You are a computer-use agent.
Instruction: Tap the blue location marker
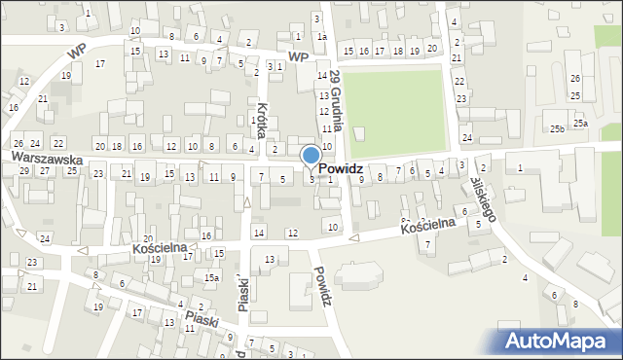[x=311, y=156]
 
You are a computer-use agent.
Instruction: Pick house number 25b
[x=556, y=129]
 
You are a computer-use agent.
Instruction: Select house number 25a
[x=580, y=124]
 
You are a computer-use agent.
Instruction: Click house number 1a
[x=321, y=37]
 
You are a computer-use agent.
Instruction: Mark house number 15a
[x=210, y=277]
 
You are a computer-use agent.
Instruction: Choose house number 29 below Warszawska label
[x=23, y=170]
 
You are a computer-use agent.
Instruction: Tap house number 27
[x=44, y=170]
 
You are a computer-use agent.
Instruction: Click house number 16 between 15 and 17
[x=364, y=51]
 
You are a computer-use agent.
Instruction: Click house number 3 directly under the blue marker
[x=311, y=179]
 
